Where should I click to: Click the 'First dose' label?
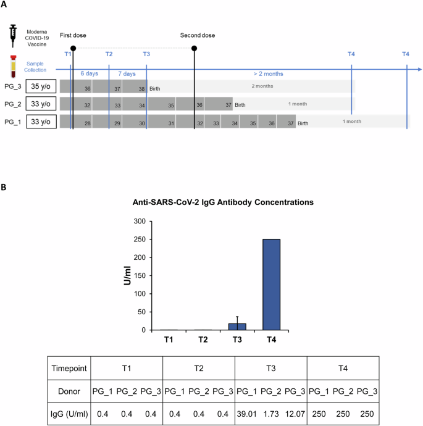[x=73, y=36]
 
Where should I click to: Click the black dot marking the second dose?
[x=195, y=48]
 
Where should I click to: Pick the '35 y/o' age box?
[x=41, y=87]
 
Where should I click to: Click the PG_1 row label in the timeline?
[x=12, y=122]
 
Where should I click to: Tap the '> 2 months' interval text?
[x=268, y=73]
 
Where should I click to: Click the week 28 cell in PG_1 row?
[x=88, y=123]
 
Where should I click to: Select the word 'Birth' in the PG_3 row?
[x=155, y=89]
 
